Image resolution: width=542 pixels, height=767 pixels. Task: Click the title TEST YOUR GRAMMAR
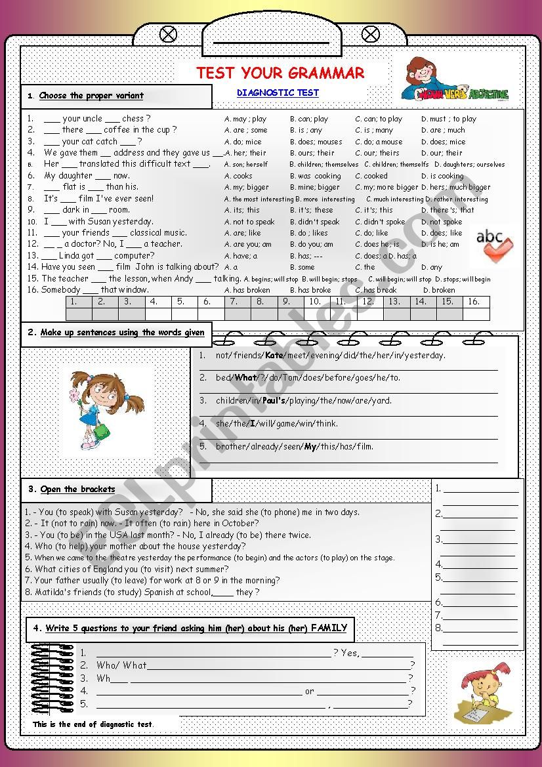click(x=280, y=73)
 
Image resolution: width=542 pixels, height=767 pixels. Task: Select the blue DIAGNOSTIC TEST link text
click(x=278, y=93)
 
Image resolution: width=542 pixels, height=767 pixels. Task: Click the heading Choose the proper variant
click(x=91, y=96)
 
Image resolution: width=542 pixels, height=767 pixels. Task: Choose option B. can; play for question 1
click(x=309, y=119)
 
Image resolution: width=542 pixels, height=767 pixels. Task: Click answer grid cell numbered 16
click(x=474, y=302)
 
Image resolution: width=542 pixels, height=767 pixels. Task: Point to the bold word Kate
click(x=274, y=355)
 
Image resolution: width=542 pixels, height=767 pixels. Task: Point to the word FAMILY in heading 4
click(x=329, y=628)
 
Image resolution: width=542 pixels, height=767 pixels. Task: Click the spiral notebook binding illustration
click(x=52, y=679)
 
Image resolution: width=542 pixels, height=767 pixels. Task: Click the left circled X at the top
click(x=169, y=34)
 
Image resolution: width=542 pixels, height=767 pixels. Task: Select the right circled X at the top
click(x=371, y=34)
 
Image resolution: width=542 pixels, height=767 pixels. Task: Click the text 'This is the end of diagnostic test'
click(x=93, y=724)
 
